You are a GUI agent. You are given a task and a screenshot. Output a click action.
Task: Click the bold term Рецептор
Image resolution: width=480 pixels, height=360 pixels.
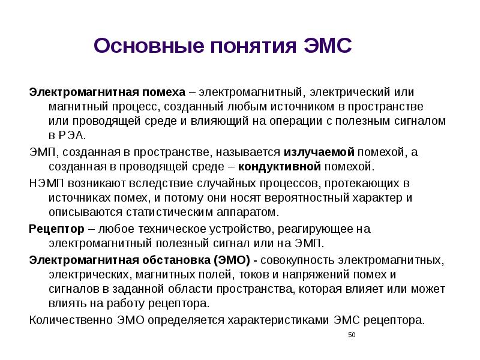[x=55, y=229]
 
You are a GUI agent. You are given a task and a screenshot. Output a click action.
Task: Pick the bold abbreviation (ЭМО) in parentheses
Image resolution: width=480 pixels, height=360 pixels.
[x=231, y=260]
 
